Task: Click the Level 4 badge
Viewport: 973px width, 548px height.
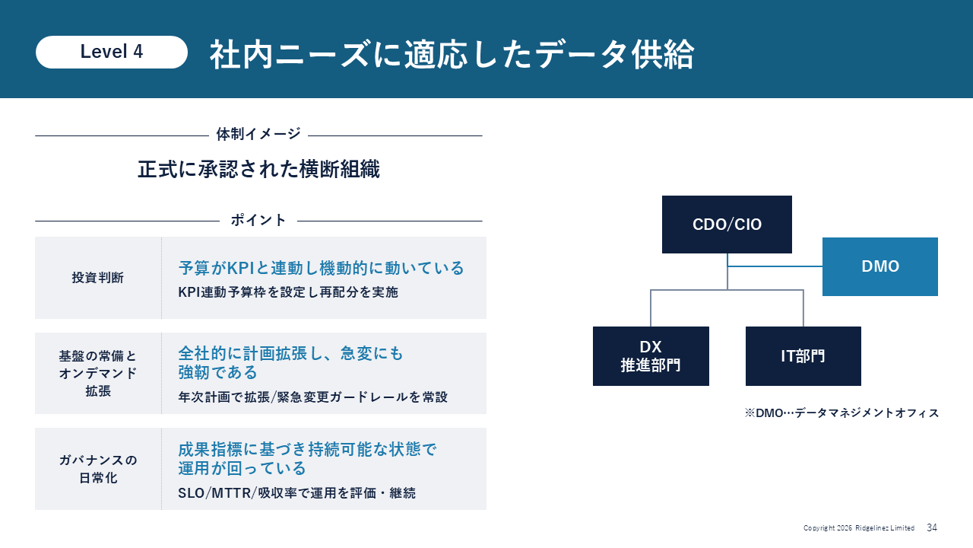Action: point(112,52)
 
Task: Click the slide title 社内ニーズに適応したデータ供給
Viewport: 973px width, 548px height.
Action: point(452,54)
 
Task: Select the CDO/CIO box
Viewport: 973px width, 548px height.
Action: point(727,225)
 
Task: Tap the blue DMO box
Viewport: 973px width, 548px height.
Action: point(880,266)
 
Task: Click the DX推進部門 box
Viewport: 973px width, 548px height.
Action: point(651,356)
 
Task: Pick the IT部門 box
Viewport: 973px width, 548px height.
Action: point(803,356)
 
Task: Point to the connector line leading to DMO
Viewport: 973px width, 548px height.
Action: point(775,266)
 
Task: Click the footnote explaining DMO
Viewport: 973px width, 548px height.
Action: point(841,413)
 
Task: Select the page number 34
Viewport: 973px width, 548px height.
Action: point(932,527)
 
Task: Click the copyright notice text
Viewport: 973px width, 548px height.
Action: point(859,528)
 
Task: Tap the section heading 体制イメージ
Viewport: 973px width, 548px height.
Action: point(258,134)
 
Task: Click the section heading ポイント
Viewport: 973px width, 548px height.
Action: point(258,220)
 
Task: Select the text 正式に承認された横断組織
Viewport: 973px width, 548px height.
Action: point(259,169)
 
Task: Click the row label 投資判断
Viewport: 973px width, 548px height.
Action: point(98,278)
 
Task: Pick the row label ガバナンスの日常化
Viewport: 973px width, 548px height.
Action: point(98,469)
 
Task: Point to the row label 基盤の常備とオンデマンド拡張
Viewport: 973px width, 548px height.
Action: point(98,373)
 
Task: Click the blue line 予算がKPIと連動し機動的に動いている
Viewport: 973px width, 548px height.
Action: point(321,268)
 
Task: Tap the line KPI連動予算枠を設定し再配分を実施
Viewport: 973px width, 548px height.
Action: point(288,292)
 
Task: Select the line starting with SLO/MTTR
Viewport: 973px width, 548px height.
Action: point(296,492)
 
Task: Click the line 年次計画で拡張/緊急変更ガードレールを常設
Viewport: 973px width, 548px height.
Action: point(312,397)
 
